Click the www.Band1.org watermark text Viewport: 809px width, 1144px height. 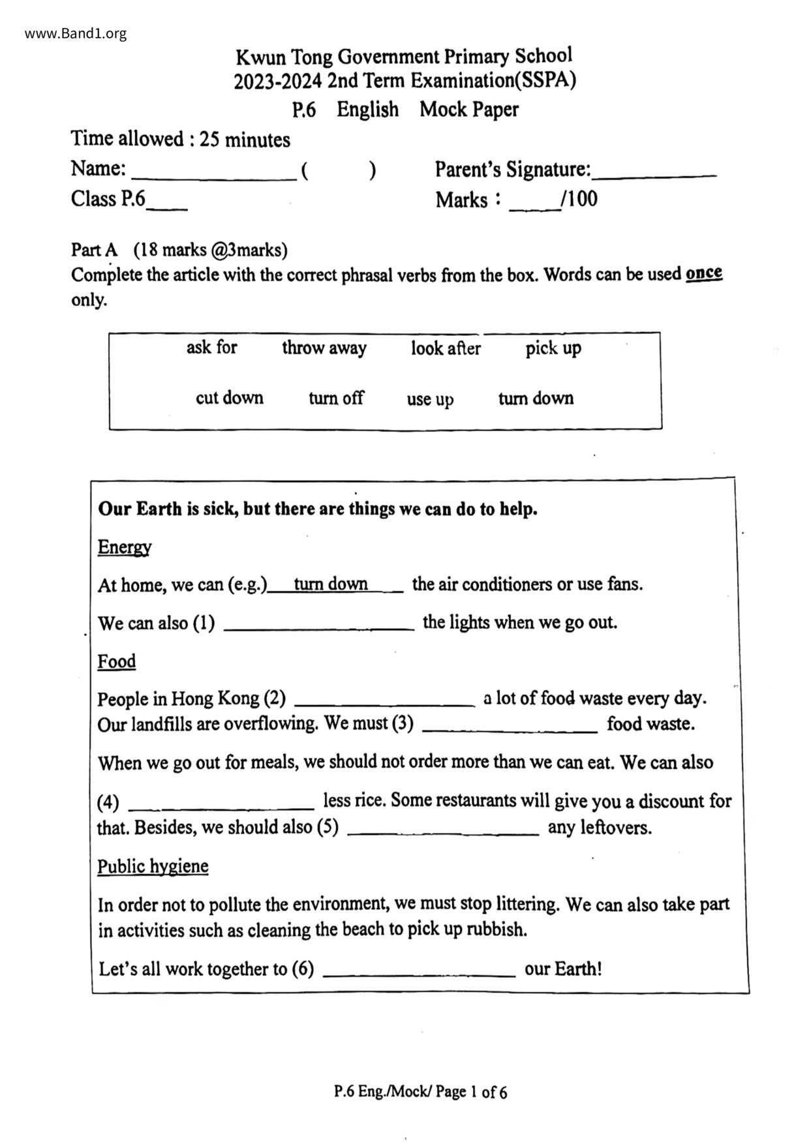(x=76, y=33)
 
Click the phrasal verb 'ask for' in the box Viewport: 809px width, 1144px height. (x=211, y=347)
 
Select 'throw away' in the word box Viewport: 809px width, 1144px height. (x=324, y=348)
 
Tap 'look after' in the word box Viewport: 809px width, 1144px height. (x=446, y=348)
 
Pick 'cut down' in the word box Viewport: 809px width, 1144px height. (x=230, y=398)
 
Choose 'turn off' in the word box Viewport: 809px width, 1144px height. (x=336, y=398)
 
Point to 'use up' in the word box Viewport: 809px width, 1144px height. (x=430, y=399)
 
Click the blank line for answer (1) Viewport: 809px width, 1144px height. (x=319, y=627)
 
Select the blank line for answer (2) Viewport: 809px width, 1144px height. (x=385, y=703)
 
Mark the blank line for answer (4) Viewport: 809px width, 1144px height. (x=221, y=806)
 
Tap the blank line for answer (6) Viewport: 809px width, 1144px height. (x=419, y=974)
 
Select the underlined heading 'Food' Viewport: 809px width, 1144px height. (x=117, y=661)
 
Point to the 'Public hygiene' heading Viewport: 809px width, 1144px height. (x=153, y=866)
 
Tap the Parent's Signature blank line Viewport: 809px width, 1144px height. (x=656, y=175)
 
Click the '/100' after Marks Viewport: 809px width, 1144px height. (x=579, y=199)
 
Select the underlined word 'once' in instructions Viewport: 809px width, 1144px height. (x=703, y=273)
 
